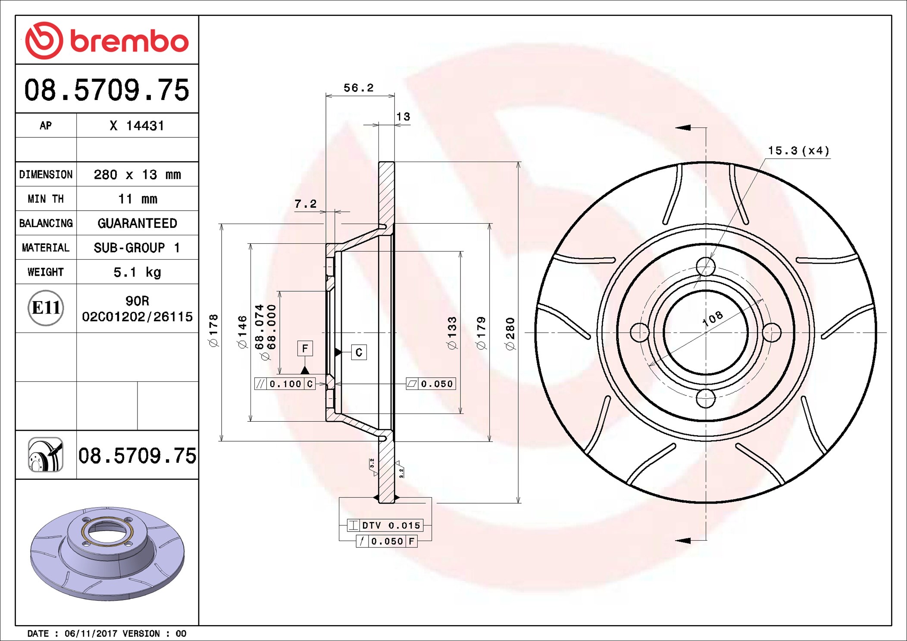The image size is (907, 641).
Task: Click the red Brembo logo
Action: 106,40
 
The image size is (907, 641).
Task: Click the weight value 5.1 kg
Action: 137,272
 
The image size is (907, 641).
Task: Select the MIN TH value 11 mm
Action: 138,199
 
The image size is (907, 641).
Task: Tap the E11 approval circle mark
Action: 46,308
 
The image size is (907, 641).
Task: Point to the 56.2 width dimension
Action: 358,88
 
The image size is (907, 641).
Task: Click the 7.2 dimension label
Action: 305,204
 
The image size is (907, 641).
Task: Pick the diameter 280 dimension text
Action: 510,333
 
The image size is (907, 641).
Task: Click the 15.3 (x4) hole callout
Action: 798,151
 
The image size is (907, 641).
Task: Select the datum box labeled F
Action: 305,348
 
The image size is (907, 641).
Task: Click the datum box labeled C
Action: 359,352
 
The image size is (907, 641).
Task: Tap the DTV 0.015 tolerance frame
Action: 385,525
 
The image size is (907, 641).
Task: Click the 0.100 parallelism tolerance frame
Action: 285,383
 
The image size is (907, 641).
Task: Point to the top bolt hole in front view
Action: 705,267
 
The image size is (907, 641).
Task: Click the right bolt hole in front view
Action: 772,333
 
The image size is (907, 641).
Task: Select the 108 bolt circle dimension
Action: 713,318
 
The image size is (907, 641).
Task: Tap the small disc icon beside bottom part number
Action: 46,455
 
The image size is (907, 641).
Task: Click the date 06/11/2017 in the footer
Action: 91,633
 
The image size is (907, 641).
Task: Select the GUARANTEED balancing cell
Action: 137,223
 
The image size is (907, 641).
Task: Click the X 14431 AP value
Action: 137,126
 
